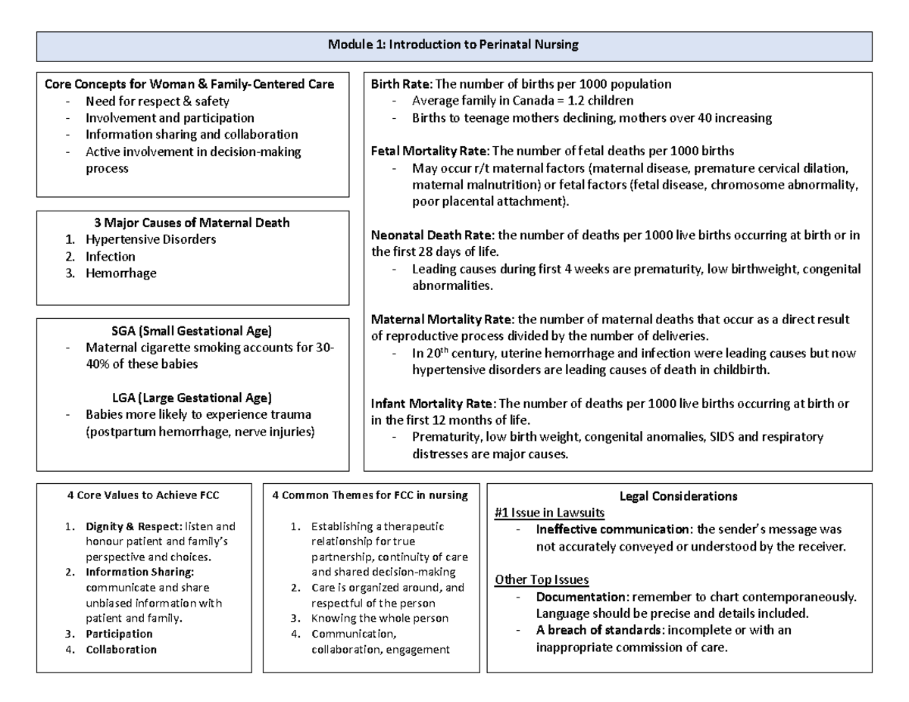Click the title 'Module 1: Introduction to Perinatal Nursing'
(x=453, y=45)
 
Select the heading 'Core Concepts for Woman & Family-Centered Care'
(x=189, y=84)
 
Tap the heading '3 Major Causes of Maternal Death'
(x=191, y=223)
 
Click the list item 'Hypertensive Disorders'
(x=151, y=239)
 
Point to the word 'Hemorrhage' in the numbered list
(x=121, y=273)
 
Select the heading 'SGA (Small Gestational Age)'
(x=191, y=331)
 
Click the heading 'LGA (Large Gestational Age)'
(x=191, y=398)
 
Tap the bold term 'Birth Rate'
(x=400, y=84)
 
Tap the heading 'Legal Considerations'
(x=678, y=497)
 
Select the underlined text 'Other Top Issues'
(x=542, y=580)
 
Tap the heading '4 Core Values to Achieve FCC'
(x=143, y=496)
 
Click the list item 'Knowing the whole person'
(x=380, y=618)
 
